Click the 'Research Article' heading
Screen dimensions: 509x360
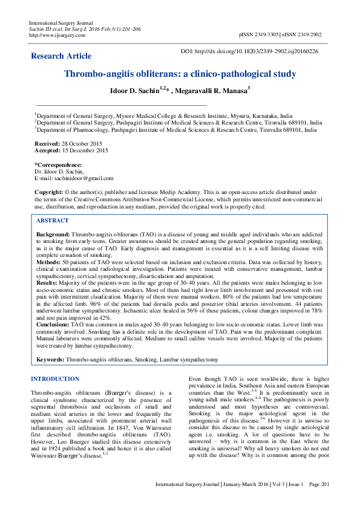click(62, 56)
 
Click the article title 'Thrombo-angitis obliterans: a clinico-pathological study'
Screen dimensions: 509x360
click(180, 74)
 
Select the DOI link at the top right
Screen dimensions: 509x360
click(249, 51)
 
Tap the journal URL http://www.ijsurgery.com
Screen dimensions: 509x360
click(57, 35)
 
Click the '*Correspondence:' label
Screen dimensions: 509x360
click(58, 164)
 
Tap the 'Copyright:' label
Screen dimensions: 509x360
click(49, 191)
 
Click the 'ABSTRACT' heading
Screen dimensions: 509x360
click(53, 221)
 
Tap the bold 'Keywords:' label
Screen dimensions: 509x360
click(50, 359)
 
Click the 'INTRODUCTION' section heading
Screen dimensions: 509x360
click(54, 379)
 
